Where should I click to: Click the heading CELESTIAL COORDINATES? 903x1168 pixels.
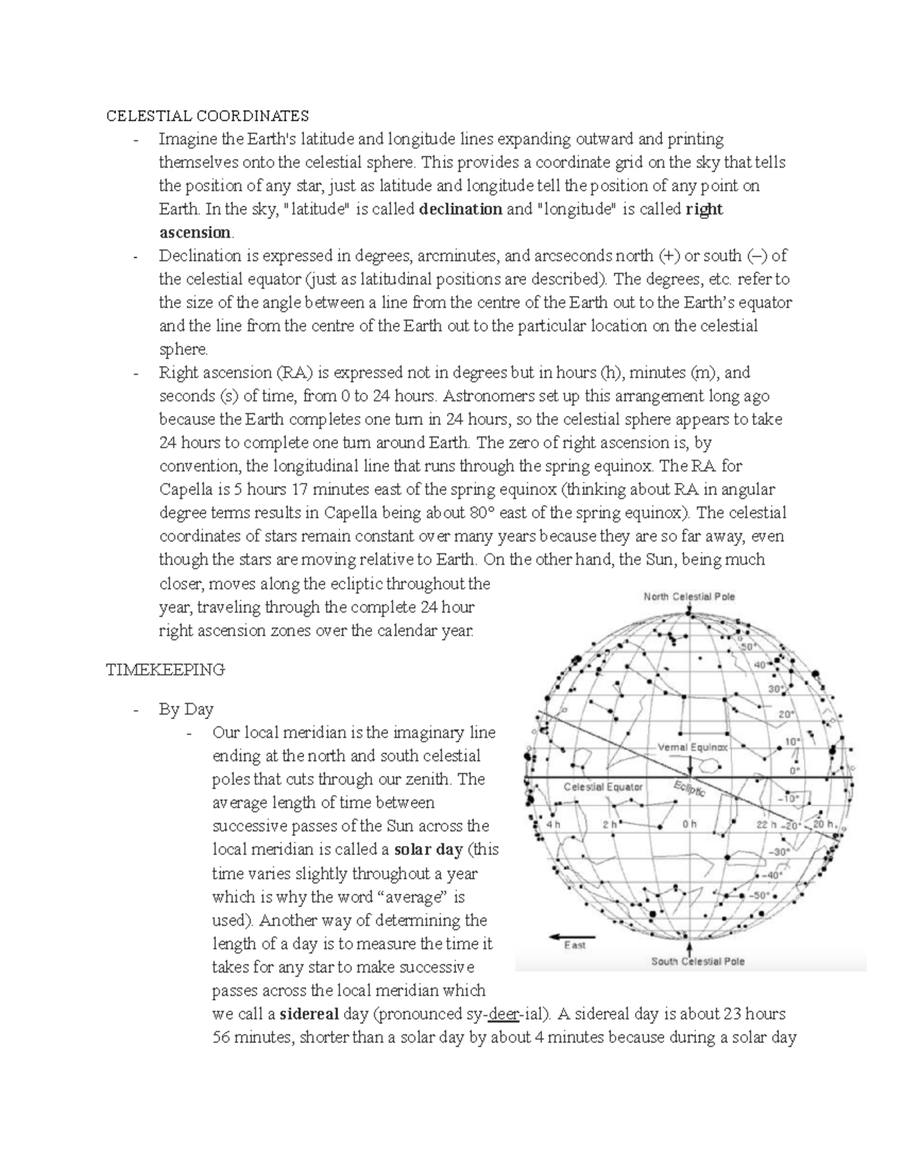tap(207, 116)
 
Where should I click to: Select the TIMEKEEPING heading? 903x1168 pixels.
tap(165, 669)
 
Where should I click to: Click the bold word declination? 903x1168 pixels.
tap(461, 209)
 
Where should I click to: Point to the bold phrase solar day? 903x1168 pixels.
tap(428, 850)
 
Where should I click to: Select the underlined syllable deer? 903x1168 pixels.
tap(503, 1014)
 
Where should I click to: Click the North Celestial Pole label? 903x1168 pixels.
tap(689, 596)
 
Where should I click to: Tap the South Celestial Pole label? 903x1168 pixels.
tap(698, 961)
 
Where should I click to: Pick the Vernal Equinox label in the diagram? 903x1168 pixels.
tap(692, 748)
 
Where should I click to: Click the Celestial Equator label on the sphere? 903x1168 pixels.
tap(604, 787)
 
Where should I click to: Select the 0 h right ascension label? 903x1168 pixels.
tap(689, 824)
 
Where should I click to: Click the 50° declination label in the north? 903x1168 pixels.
tap(747, 646)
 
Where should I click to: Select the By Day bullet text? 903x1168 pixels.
tap(186, 709)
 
